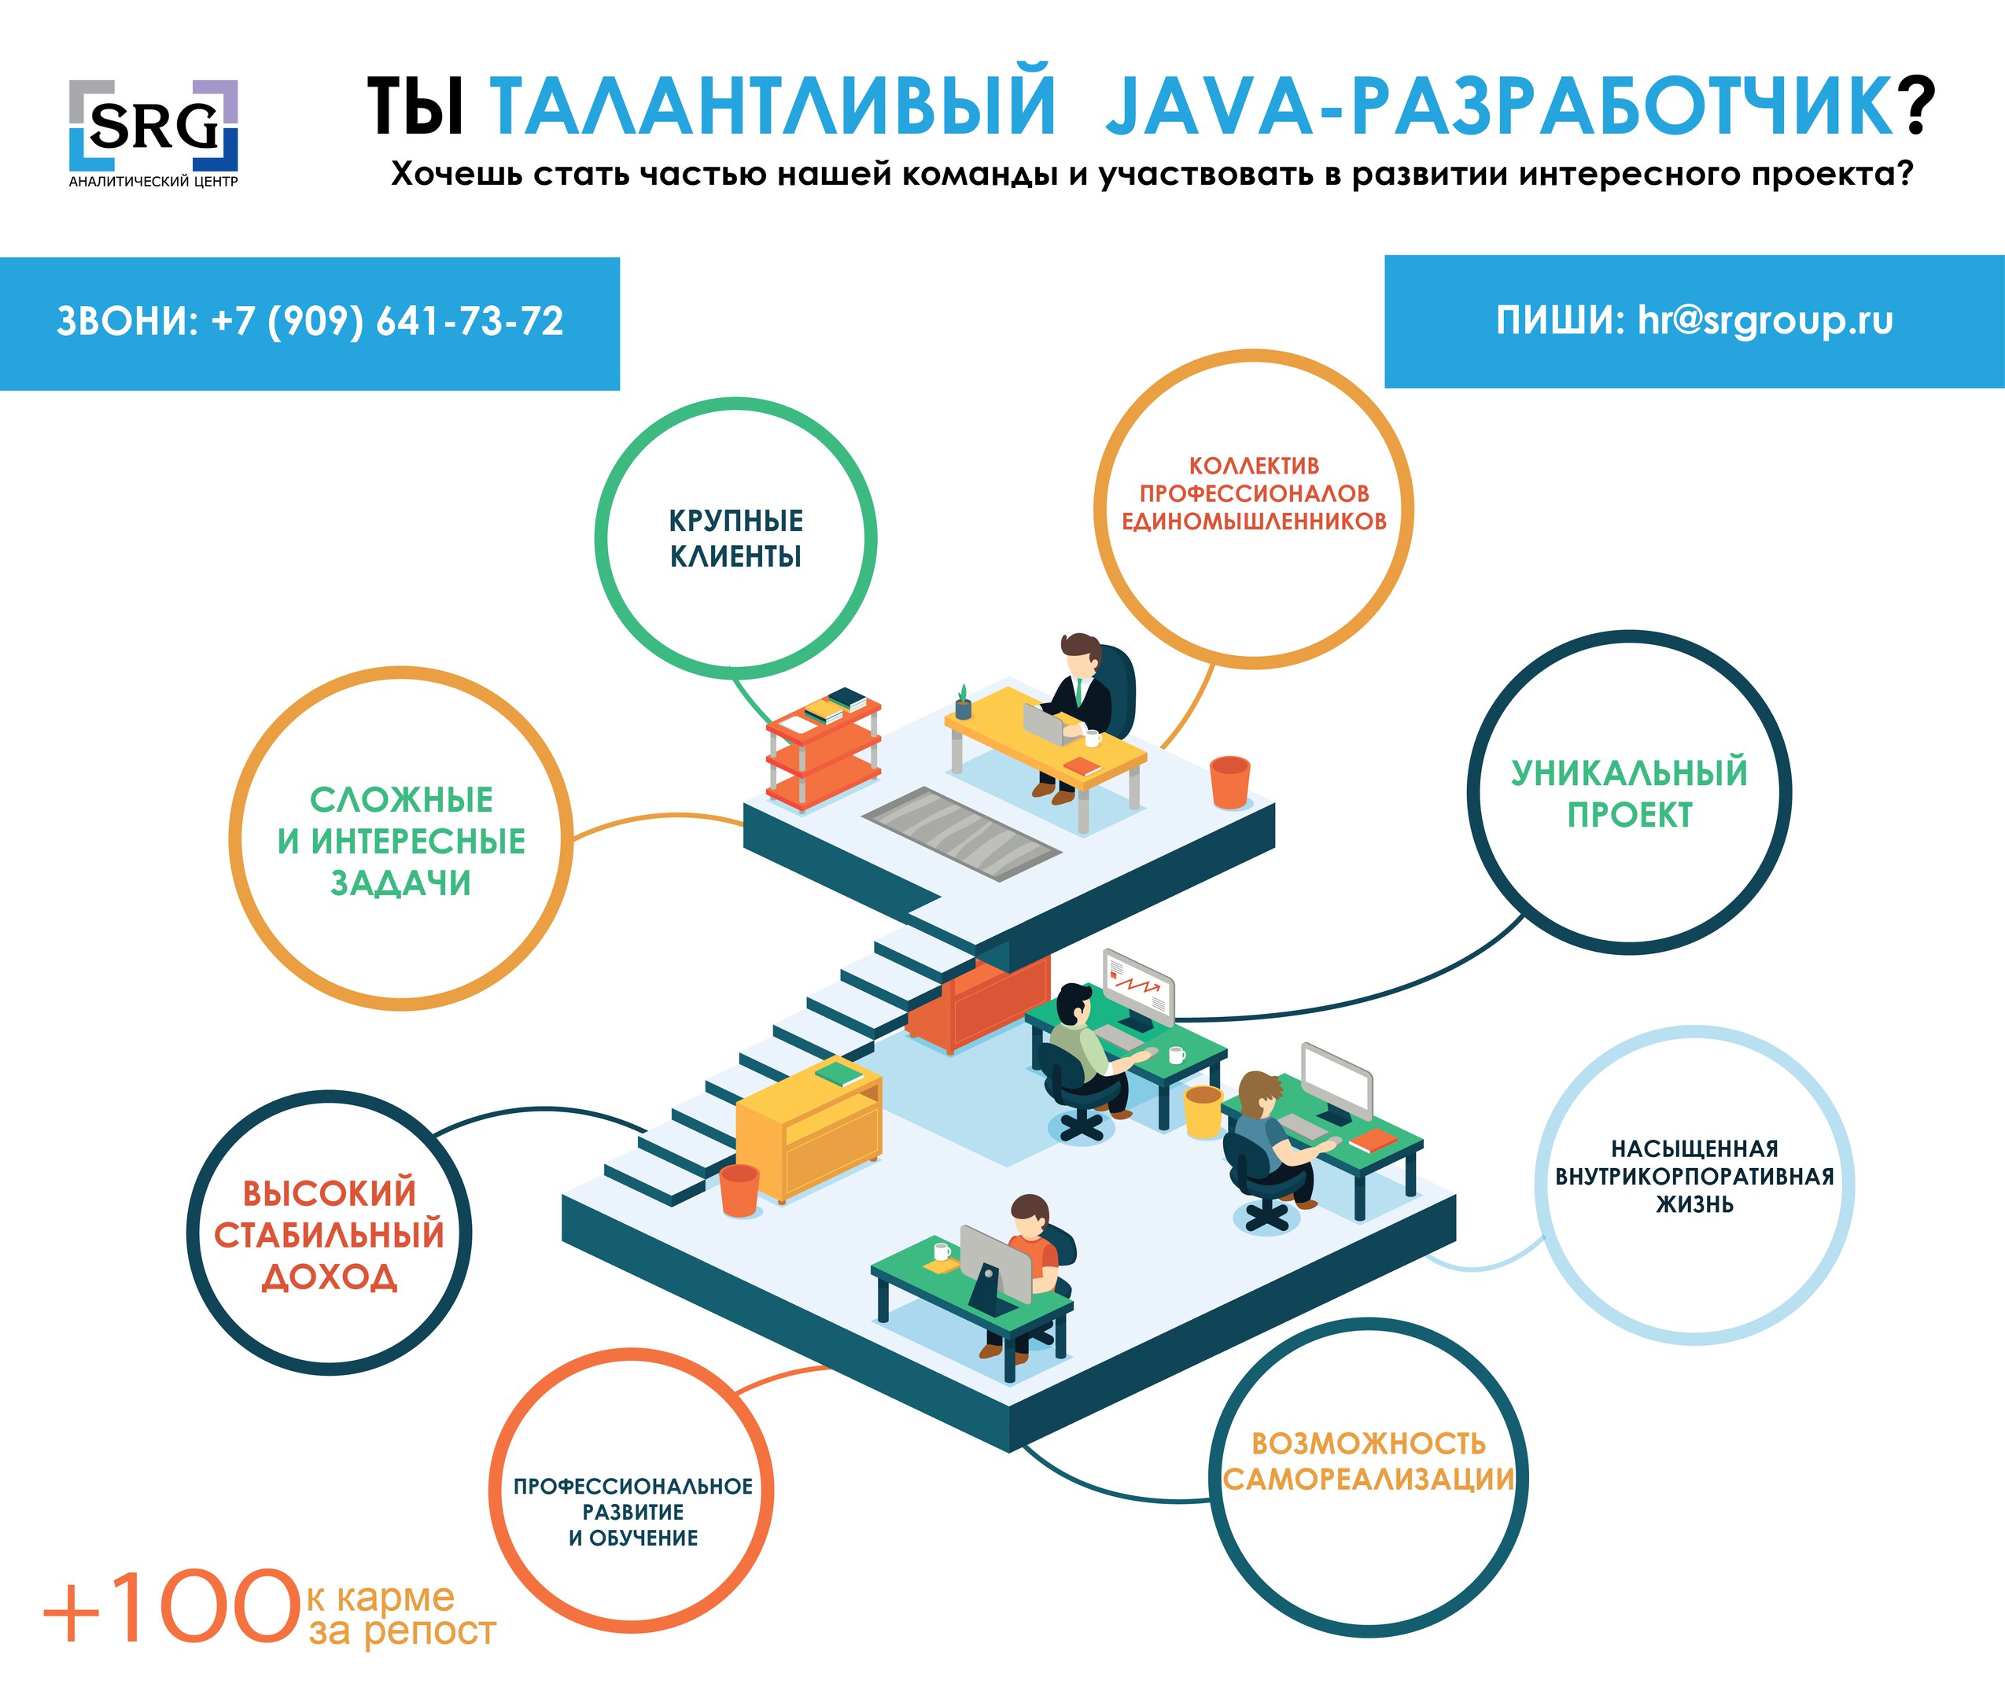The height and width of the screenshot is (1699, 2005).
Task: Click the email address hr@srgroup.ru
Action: click(x=1765, y=321)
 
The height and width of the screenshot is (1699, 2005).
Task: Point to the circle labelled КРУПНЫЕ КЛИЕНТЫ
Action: click(x=735, y=538)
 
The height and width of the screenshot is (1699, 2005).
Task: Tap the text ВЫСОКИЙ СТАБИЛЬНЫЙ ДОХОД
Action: click(x=330, y=1235)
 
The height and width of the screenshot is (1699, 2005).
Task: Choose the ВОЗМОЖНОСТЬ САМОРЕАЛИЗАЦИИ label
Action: click(x=1369, y=1461)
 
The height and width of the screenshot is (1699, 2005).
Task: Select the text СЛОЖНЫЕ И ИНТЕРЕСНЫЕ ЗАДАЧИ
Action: click(x=400, y=841)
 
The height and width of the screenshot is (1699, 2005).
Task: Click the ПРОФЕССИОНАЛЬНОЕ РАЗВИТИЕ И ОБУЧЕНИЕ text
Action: click(x=632, y=1512)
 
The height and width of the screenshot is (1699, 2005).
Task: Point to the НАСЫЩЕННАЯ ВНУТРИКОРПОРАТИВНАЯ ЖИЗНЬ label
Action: click(x=1694, y=1176)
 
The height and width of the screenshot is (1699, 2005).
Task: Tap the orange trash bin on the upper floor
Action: click(x=1229, y=782)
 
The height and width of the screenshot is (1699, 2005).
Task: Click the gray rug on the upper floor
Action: click(x=961, y=833)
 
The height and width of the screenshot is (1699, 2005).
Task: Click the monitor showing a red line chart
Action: click(x=1138, y=987)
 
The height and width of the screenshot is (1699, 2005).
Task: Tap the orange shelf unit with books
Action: click(x=824, y=750)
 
